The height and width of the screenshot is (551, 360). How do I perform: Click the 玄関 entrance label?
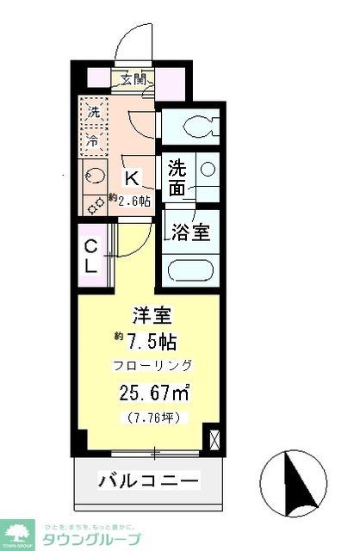tap(133, 81)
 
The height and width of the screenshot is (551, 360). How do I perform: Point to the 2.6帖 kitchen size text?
tap(130, 200)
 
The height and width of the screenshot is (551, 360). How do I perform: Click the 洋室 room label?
tap(149, 315)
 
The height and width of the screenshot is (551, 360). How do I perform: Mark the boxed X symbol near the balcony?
tap(214, 438)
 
